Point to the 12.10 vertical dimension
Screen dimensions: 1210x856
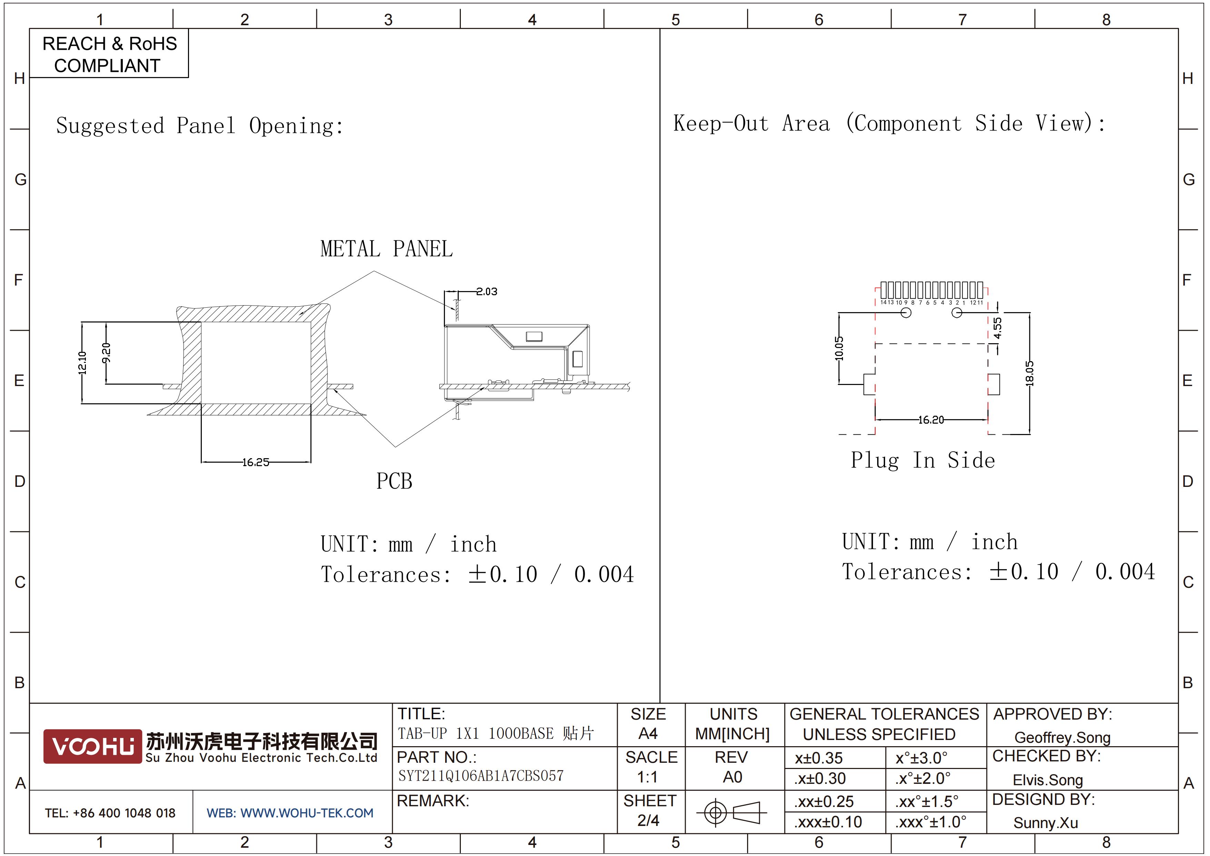[82, 363]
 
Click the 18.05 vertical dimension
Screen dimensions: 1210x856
[1030, 373]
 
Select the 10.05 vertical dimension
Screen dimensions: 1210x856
[839, 348]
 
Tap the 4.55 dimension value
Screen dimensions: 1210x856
[997, 328]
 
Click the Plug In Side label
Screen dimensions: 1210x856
[923, 460]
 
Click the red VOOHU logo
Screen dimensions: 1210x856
[92, 746]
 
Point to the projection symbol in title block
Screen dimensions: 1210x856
[732, 812]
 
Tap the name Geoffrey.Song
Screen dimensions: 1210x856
[1062, 737]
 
